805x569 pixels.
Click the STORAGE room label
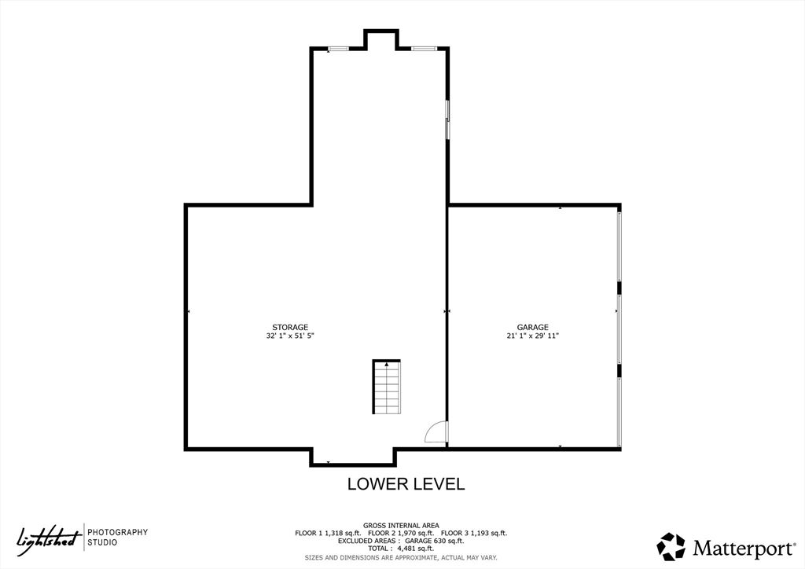click(290, 327)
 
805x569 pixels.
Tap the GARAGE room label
click(532, 327)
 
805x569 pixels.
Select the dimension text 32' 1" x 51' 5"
click(290, 336)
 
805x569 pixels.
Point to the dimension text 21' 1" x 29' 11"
click(532, 336)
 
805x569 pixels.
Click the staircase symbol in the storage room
click(386, 387)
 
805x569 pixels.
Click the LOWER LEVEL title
click(406, 484)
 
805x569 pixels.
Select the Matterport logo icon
click(671, 546)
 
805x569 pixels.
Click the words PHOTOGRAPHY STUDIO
click(117, 538)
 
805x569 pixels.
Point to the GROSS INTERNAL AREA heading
click(401, 525)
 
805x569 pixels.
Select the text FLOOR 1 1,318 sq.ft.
click(328, 533)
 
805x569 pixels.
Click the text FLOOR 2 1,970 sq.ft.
click(401, 533)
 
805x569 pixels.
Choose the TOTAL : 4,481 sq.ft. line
click(401, 549)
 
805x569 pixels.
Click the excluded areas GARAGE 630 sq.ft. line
click(401, 541)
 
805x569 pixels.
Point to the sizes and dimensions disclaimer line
click(401, 557)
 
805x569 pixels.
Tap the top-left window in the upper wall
click(339, 49)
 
